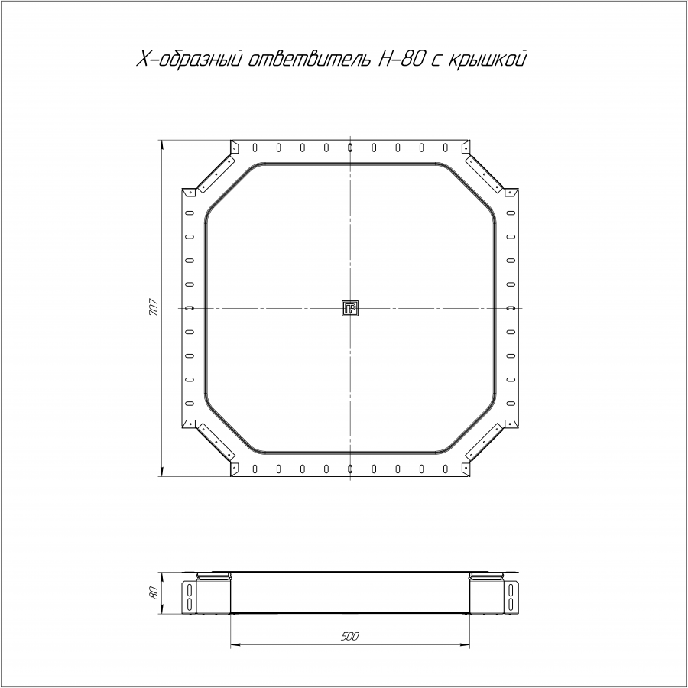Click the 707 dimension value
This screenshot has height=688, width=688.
tap(153, 307)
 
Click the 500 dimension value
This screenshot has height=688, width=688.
tap(349, 636)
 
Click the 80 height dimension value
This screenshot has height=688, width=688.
tap(153, 592)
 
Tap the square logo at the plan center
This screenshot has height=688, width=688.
tap(350, 309)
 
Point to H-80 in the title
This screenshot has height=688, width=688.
tap(399, 59)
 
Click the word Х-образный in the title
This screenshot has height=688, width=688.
tap(190, 59)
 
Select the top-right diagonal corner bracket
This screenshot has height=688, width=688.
tap(485, 174)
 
